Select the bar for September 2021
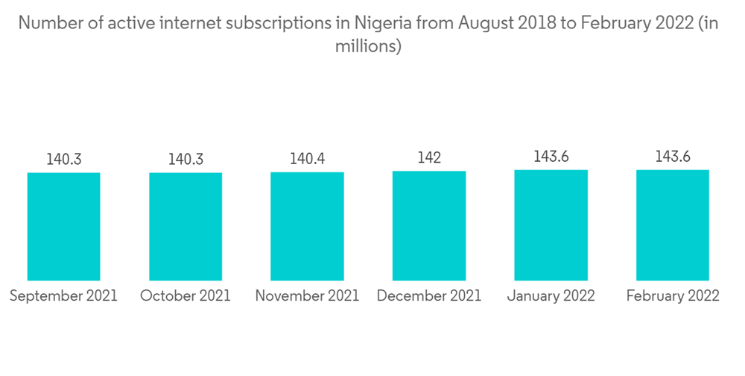pyautogui.click(x=63, y=227)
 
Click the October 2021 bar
pyautogui.click(x=186, y=227)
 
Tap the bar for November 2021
pyautogui.click(x=307, y=226)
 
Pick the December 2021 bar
pyautogui.click(x=429, y=225)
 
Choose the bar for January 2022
pyautogui.click(x=551, y=225)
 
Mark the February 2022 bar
pyautogui.click(x=673, y=225)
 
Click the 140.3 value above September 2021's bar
pyautogui.click(x=63, y=160)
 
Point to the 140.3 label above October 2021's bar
pyautogui.click(x=186, y=160)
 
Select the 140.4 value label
pyautogui.click(x=307, y=159)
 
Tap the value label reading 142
pyautogui.click(x=429, y=158)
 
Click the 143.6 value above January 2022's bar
pyautogui.click(x=551, y=157)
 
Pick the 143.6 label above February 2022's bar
pyautogui.click(x=673, y=157)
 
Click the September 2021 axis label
pyautogui.click(x=63, y=296)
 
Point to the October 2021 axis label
pyautogui.click(x=186, y=296)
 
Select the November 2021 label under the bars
pyautogui.click(x=307, y=296)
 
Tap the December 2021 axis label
pyautogui.click(x=429, y=296)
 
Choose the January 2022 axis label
pyautogui.click(x=551, y=296)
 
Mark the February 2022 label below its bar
pyautogui.click(x=673, y=296)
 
